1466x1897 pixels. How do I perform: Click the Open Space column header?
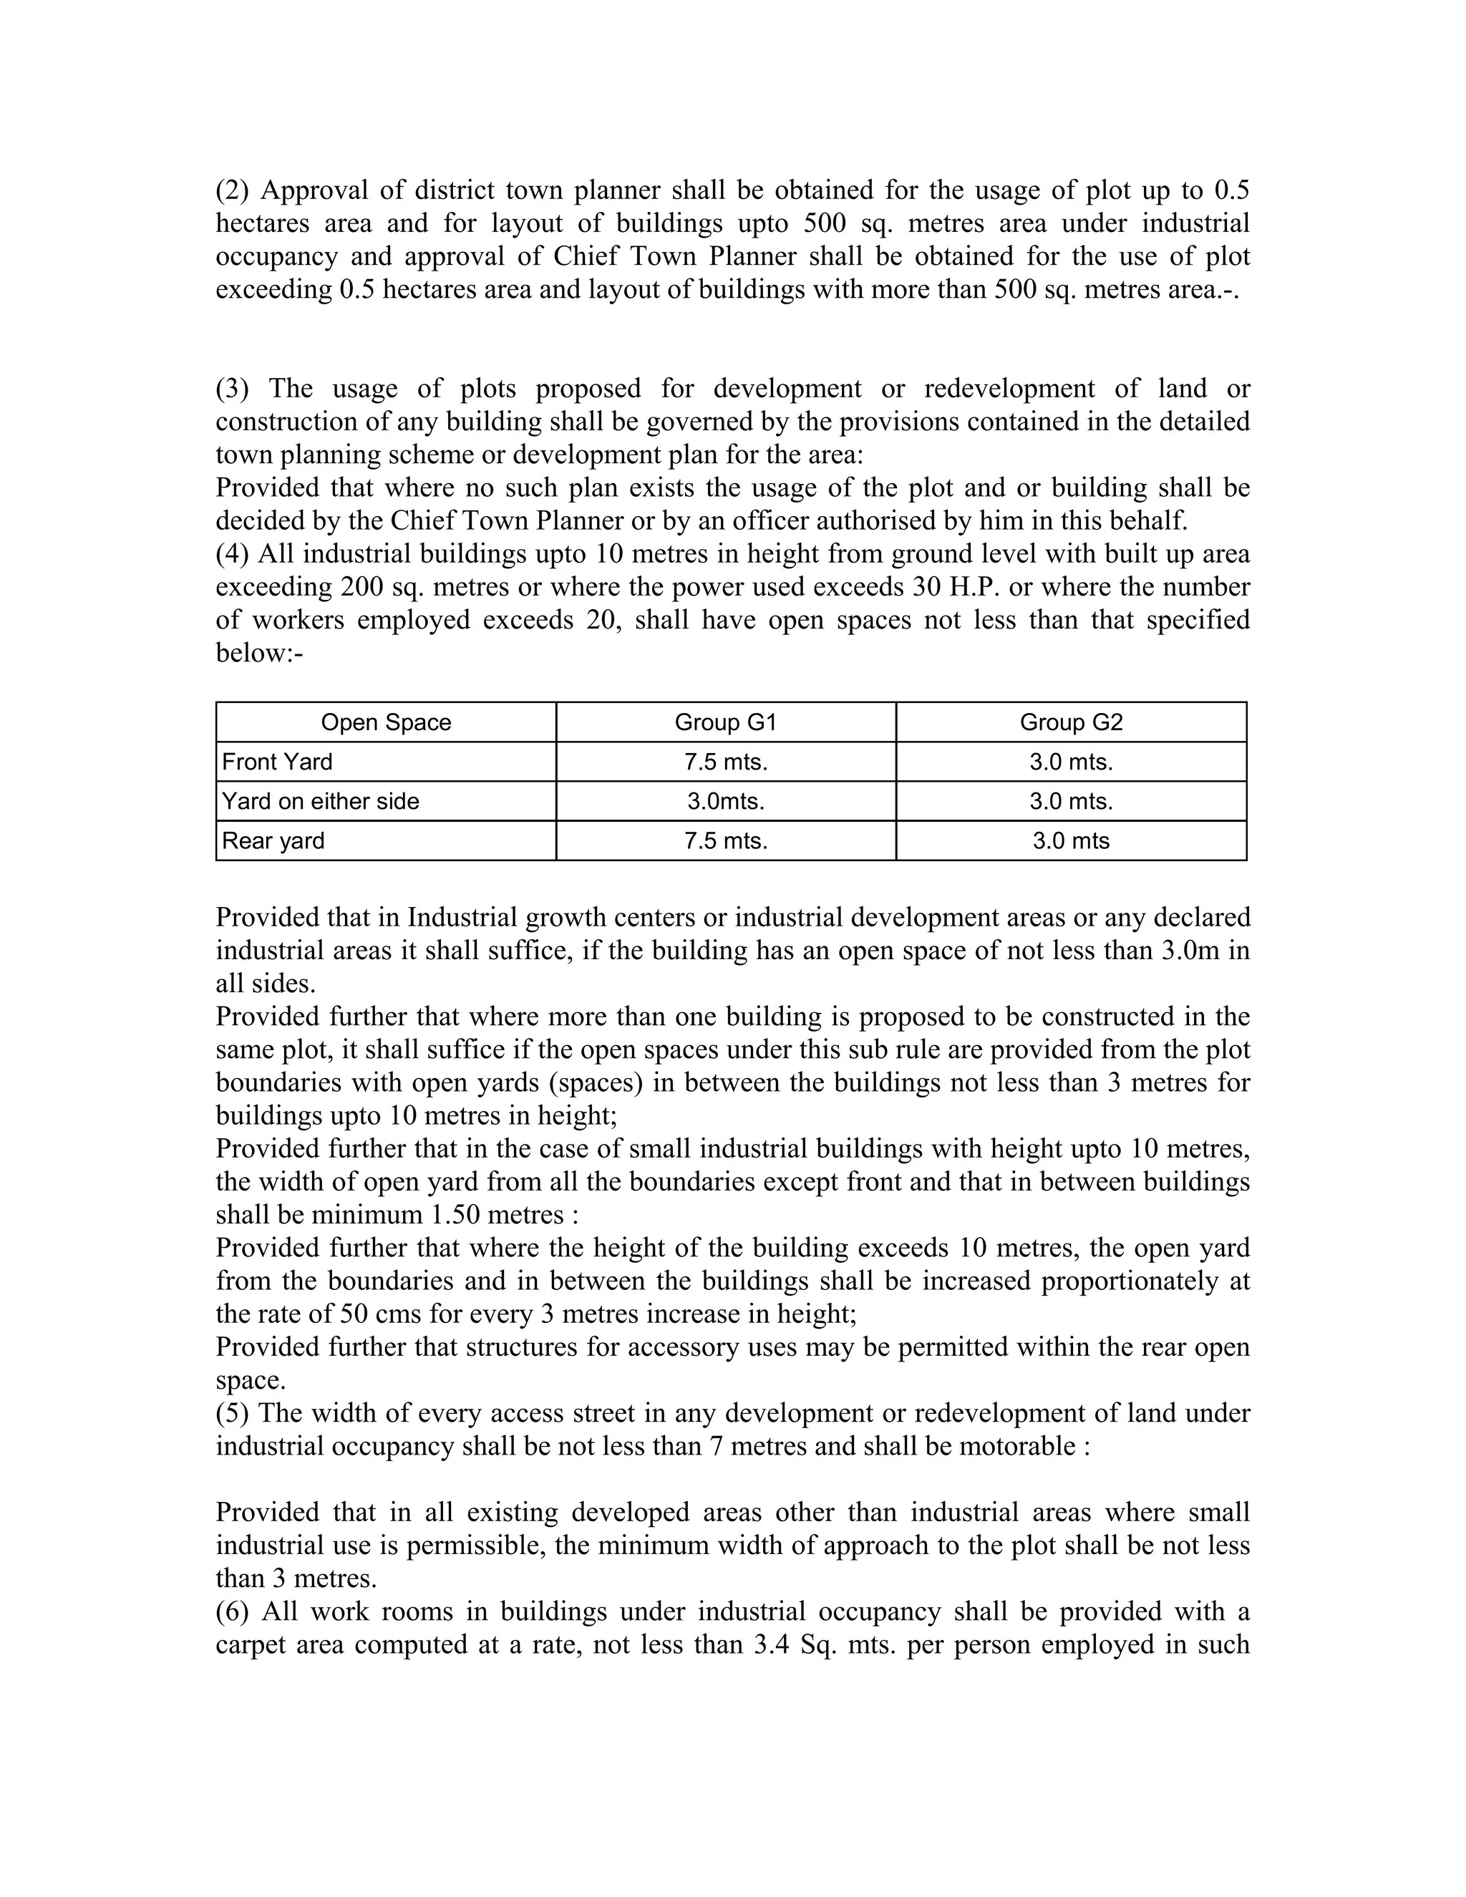(x=386, y=723)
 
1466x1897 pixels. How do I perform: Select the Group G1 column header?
(x=725, y=723)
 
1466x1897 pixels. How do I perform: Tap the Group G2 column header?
(x=1071, y=723)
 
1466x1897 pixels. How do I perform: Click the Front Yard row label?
(x=277, y=762)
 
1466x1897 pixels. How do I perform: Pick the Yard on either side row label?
(x=321, y=801)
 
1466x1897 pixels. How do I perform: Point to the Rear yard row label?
(x=273, y=841)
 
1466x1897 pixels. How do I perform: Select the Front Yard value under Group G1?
(x=725, y=762)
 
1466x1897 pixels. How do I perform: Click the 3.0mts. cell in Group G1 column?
(x=725, y=801)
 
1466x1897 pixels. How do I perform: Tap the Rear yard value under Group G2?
(x=1071, y=841)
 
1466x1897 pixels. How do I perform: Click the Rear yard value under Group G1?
(x=725, y=841)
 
